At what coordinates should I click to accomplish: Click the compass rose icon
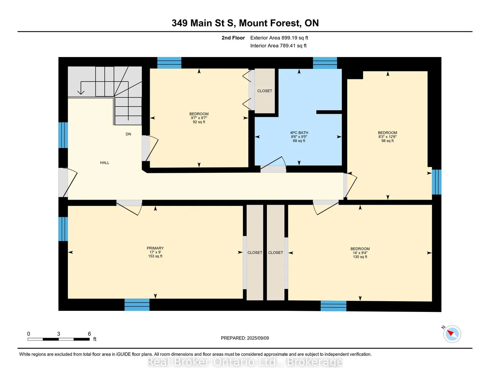point(452,334)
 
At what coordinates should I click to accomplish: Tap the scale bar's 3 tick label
point(59,334)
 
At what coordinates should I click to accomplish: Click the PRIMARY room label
point(155,248)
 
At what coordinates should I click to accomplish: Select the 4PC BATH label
point(299,133)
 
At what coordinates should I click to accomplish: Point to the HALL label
point(105,162)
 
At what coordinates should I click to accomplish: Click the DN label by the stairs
point(128,134)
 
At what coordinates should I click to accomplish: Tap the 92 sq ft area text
point(199,122)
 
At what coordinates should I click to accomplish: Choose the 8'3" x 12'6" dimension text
point(387,136)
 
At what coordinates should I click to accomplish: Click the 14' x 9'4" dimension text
point(360,253)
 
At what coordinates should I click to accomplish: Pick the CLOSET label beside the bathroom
point(265,91)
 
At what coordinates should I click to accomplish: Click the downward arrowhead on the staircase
point(81,92)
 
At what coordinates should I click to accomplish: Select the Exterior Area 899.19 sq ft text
point(279,38)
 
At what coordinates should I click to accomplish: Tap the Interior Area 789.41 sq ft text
point(278,46)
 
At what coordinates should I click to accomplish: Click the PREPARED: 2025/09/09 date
point(245,338)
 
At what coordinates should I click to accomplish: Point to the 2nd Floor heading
point(233,38)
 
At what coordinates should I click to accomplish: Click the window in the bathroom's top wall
point(325,63)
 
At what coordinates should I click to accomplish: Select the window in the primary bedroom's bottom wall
point(137,305)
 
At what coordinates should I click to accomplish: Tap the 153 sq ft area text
point(155,256)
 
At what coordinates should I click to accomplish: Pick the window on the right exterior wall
point(436,182)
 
